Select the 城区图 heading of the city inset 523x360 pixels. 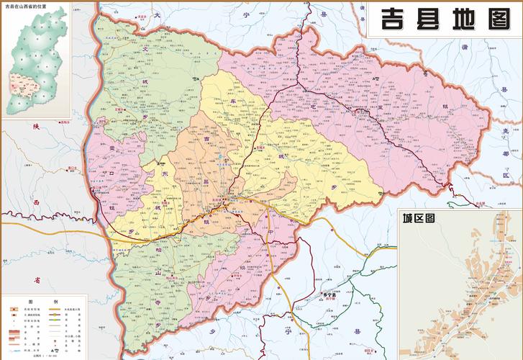point(417,217)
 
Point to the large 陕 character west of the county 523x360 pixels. point(35,126)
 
